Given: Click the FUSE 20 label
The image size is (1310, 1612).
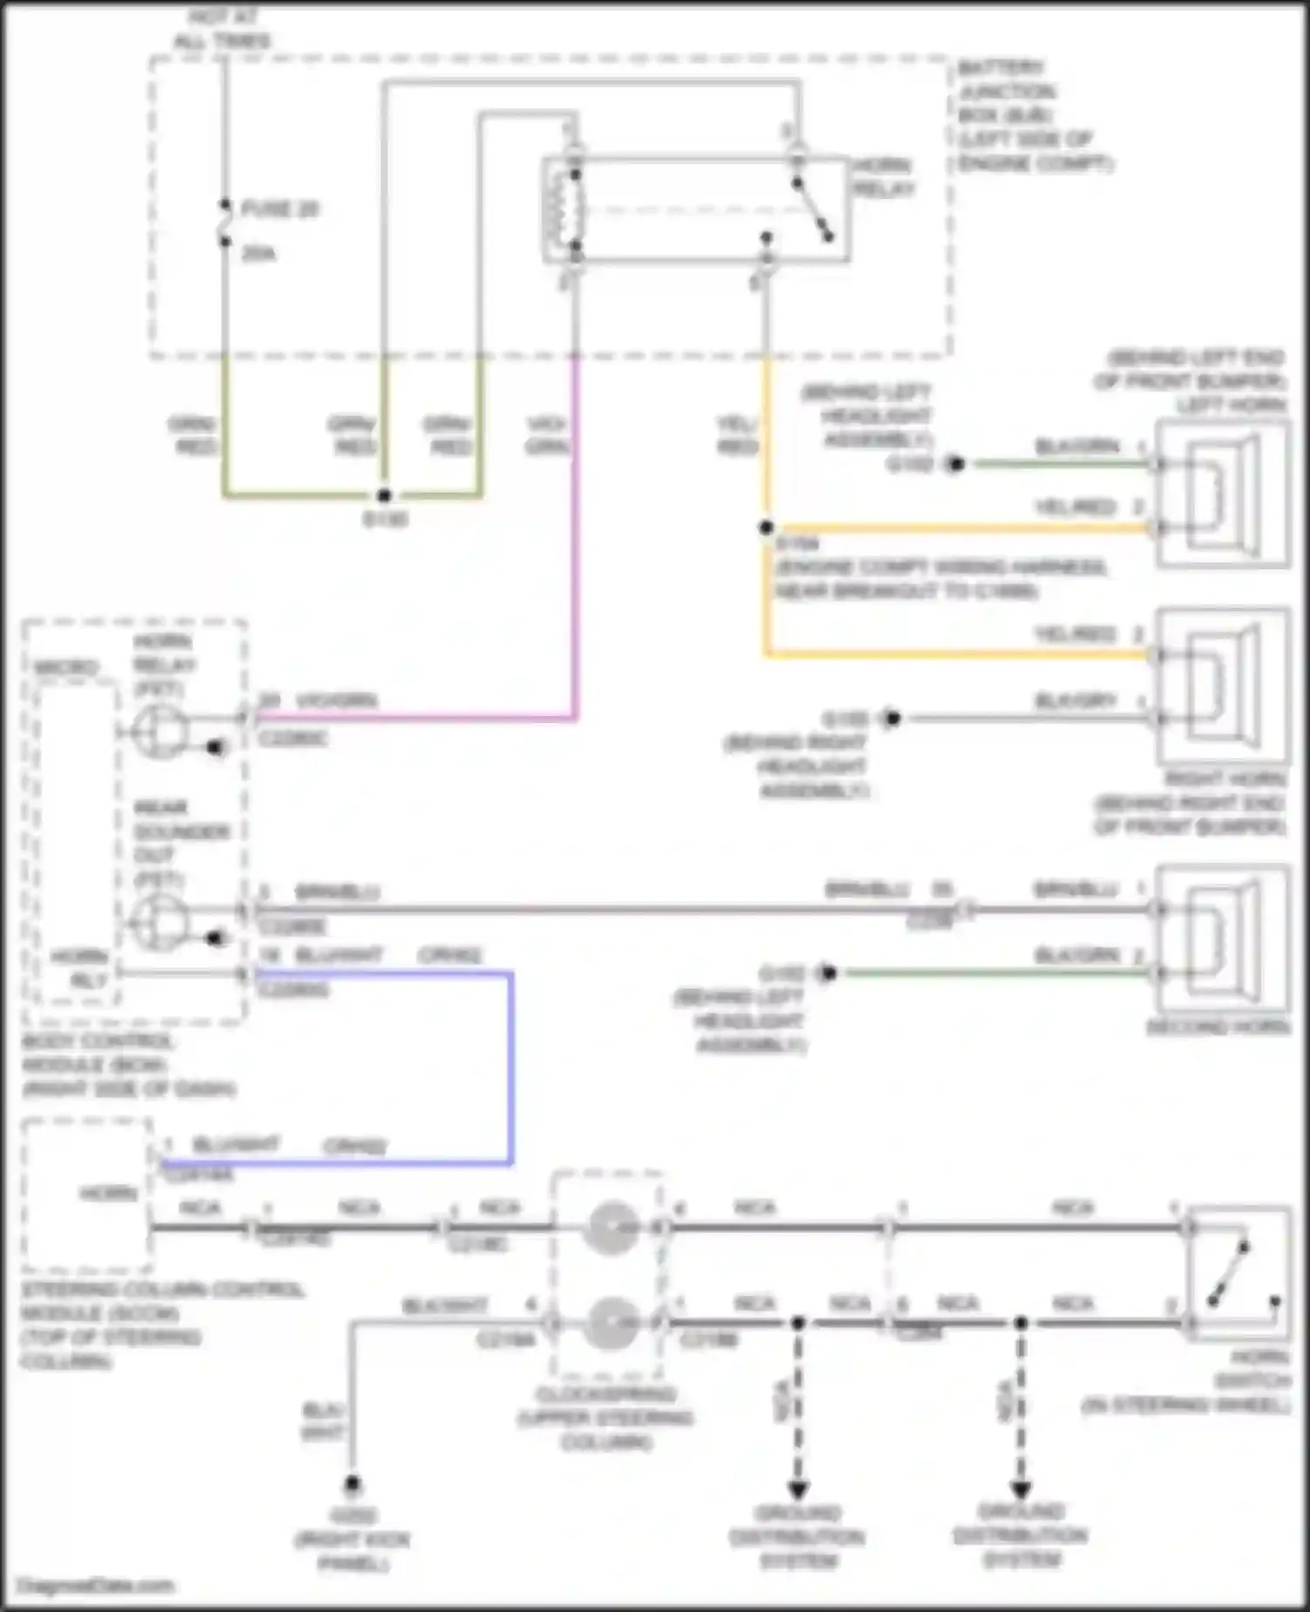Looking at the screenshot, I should [279, 210].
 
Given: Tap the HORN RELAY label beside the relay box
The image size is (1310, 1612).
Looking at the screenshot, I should [881, 177].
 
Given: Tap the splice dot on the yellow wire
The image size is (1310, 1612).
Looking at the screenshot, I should [766, 527].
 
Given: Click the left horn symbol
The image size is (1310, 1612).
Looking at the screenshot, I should [1223, 493].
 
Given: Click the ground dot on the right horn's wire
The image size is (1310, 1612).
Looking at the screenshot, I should [892, 719].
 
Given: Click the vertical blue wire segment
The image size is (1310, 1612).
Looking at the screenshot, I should [510, 1067].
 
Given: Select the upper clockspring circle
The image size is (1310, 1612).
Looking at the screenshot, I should [610, 1228].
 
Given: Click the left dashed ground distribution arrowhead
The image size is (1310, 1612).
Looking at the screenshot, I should [797, 1489].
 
